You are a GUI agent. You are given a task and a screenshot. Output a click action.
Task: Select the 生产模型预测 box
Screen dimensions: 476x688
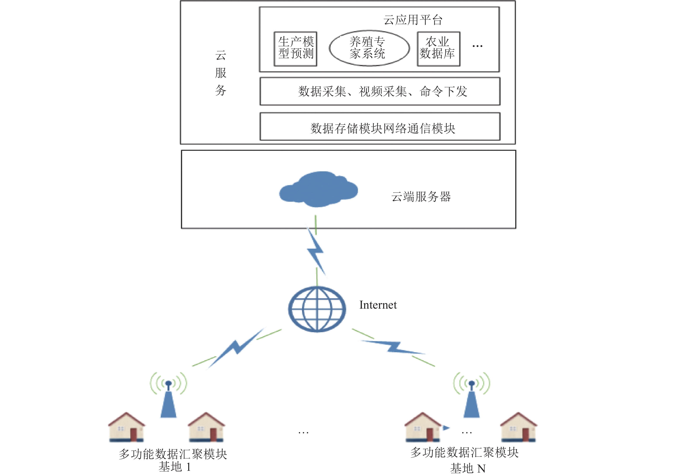click(296, 49)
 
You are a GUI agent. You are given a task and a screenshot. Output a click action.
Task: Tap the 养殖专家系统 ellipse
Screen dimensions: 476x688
click(369, 48)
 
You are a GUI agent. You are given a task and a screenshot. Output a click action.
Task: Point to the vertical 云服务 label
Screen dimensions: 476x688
click(221, 73)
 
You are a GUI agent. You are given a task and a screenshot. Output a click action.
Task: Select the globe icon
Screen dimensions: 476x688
click(317, 309)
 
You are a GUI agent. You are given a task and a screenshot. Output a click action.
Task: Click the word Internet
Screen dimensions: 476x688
click(378, 305)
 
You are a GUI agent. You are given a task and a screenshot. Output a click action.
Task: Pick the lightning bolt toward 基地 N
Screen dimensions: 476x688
click(393, 347)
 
